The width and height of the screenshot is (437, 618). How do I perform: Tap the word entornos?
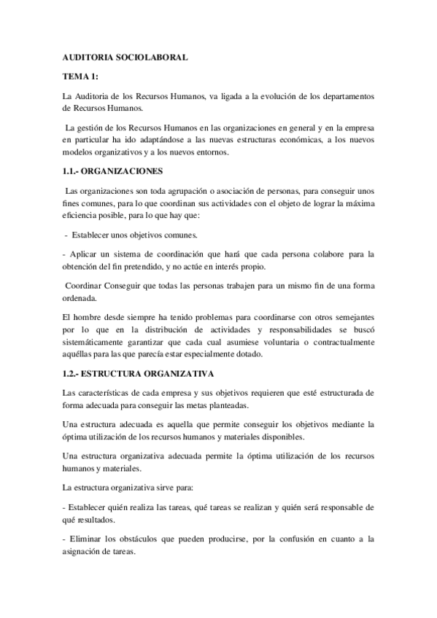click(210, 152)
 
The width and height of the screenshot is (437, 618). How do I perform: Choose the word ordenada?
click(80, 297)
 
